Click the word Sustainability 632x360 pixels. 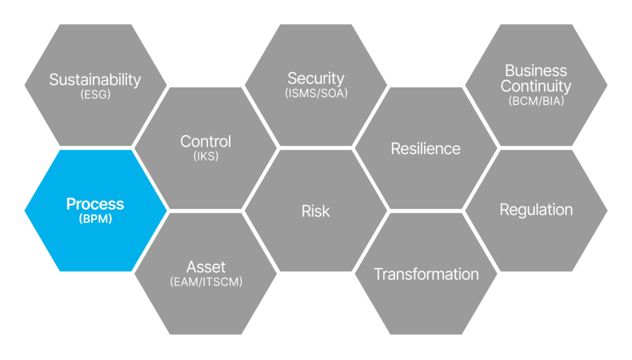pyautogui.click(x=95, y=80)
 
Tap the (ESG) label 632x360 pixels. pyautogui.click(x=96, y=94)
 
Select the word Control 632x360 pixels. pyautogui.click(x=206, y=141)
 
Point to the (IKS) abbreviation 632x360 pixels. pyautogui.click(x=206, y=156)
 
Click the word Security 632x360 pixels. pyautogui.click(x=316, y=78)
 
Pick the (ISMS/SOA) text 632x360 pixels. pyautogui.click(x=317, y=93)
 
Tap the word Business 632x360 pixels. pyautogui.click(x=536, y=70)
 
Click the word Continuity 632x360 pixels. pyautogui.click(x=536, y=86)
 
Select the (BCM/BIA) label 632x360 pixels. pyautogui.click(x=536, y=101)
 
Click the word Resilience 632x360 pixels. pyautogui.click(x=426, y=149)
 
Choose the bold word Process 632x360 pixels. pyautogui.click(x=95, y=204)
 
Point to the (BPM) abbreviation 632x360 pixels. pyautogui.click(x=96, y=219)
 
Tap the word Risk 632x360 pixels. pyautogui.click(x=315, y=211)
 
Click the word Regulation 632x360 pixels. pyautogui.click(x=536, y=210)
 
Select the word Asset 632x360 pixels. pyautogui.click(x=206, y=267)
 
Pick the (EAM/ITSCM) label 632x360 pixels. pyautogui.click(x=206, y=282)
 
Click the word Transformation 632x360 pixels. pyautogui.click(x=426, y=274)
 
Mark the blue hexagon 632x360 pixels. pyautogui.click(x=96, y=211)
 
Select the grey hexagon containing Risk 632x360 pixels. pyautogui.click(x=316, y=211)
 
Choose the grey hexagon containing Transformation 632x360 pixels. pyautogui.click(x=426, y=274)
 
